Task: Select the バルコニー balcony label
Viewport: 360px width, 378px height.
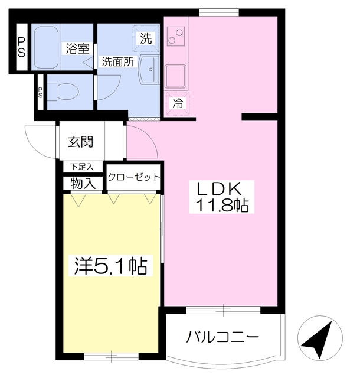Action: pyautogui.click(x=223, y=338)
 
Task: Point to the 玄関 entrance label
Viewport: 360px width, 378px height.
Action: pyautogui.click(x=81, y=142)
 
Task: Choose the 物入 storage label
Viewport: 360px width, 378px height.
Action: pyautogui.click(x=83, y=183)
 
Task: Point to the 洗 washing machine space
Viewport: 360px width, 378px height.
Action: pyautogui.click(x=146, y=39)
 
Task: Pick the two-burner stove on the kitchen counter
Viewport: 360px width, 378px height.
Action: pyautogui.click(x=175, y=38)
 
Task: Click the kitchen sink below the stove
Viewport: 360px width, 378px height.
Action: pyautogui.click(x=176, y=75)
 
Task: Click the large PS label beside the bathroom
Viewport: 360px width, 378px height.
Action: pyautogui.click(x=21, y=47)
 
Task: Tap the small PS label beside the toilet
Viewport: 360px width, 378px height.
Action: pyautogui.click(x=41, y=93)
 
